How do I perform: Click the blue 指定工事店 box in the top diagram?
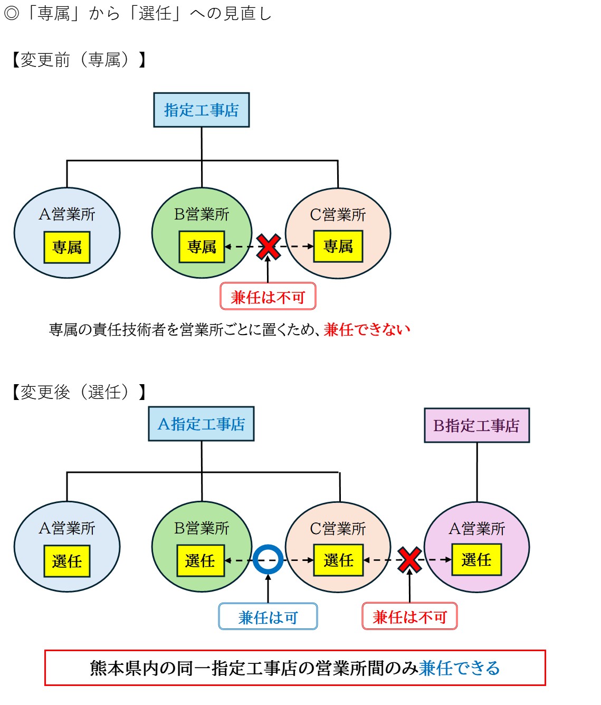[x=201, y=110]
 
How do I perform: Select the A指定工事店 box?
[x=201, y=424]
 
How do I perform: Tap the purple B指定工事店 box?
[x=476, y=425]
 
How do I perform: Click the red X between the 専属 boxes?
[x=268, y=247]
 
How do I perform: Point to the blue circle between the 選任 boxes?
[x=268, y=560]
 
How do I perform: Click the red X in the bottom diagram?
[x=409, y=560]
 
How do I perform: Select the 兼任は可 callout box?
[x=268, y=617]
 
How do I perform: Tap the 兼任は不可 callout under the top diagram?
[x=268, y=297]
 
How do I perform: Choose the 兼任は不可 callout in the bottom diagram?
[x=409, y=617]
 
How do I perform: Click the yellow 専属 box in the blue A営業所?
[x=67, y=247]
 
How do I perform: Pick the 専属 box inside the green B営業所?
[x=202, y=246]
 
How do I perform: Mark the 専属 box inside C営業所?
[x=338, y=246]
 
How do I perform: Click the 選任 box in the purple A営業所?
[x=476, y=560]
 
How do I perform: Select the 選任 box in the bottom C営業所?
[x=338, y=560]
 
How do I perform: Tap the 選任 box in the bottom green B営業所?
[x=200, y=560]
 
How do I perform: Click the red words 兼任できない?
[x=367, y=330]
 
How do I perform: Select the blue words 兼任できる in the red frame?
[x=459, y=668]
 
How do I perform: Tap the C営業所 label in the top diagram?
[x=338, y=215]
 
